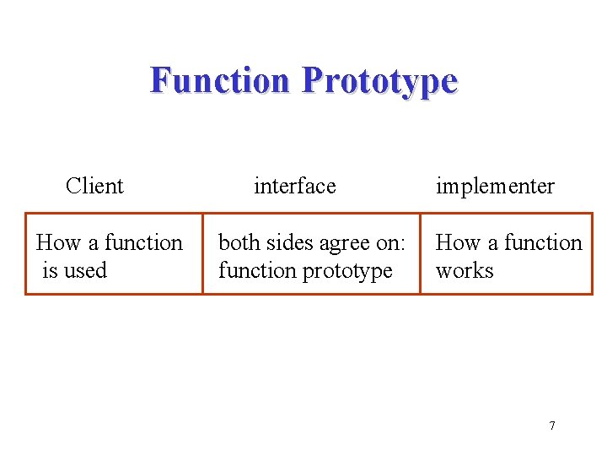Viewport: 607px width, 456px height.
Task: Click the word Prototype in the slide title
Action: coord(379,81)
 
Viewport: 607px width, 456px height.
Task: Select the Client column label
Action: coord(94,186)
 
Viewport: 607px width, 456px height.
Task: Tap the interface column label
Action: coord(294,186)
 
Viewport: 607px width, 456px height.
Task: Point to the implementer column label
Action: coord(495,186)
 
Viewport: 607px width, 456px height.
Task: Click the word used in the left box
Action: coord(86,271)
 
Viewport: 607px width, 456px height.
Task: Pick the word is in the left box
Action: coord(51,271)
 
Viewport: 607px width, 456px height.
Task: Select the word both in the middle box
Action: coord(239,243)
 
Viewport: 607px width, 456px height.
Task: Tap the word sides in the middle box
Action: coord(288,243)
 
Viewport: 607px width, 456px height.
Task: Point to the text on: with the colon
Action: coord(391,243)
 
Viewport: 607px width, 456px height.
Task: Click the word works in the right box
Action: coord(465,271)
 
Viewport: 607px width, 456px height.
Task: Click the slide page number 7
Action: coord(552,426)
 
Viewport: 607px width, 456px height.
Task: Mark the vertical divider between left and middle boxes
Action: coord(202,253)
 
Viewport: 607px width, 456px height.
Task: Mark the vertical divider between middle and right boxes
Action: coord(420,253)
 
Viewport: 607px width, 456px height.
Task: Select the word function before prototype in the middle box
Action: coord(257,271)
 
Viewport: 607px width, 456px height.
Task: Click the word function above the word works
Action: coord(543,243)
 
